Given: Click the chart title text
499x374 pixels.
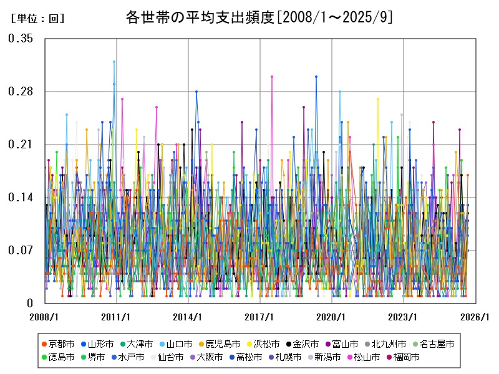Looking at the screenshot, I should pos(259,17).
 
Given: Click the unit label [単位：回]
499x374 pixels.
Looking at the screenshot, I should pos(37,19).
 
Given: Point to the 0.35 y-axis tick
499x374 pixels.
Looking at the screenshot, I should pos(21,39).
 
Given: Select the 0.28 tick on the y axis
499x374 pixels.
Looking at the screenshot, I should pos(21,92).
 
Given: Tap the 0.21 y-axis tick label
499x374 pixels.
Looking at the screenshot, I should pos(21,145).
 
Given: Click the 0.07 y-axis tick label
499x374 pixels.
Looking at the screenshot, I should pos(21,251).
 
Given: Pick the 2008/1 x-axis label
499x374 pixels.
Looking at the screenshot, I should pos(45,317).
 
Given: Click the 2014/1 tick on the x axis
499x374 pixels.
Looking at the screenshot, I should pos(188,317).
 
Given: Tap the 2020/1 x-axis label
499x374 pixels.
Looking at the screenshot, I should pos(332,317).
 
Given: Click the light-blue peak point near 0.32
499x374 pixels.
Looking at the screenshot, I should pos(114,61).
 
